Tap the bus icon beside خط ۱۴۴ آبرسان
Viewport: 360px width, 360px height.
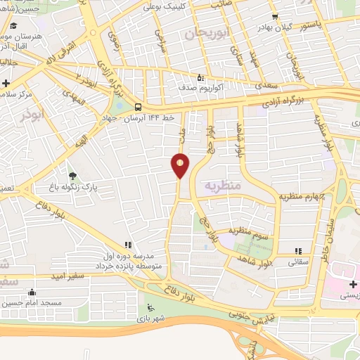pos(138,107)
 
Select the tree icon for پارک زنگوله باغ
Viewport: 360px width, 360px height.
pos(72,175)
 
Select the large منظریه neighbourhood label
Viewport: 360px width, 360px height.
pos(222,186)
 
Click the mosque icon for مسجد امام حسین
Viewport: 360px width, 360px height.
pos(31,292)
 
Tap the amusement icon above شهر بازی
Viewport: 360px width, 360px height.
pos(149,306)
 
